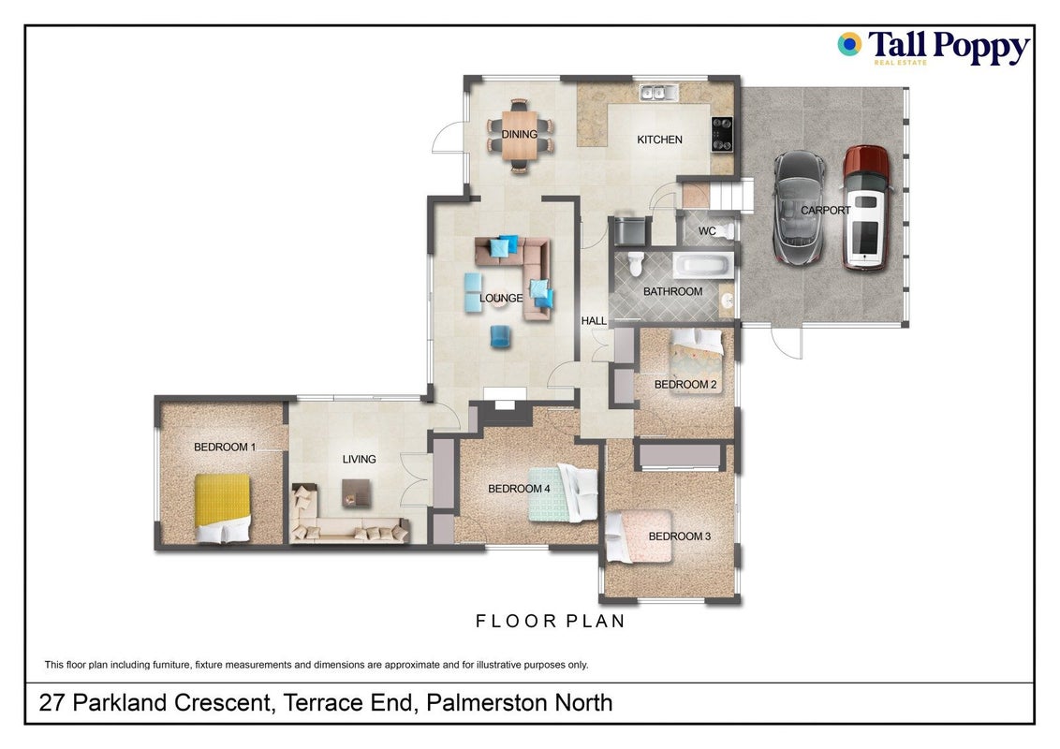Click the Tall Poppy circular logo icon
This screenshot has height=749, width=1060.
pos(849,45)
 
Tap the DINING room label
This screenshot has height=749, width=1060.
pos(519,135)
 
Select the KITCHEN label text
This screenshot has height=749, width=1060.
pos(659,140)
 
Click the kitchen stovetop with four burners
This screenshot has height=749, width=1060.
pos(722,135)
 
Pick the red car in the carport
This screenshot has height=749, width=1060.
pos(866,208)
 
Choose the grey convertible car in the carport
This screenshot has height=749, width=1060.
pos(800,207)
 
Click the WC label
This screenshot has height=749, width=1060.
pos(707,231)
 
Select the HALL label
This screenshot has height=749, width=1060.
pos(594,321)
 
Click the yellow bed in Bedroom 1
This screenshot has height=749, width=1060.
pos(223,507)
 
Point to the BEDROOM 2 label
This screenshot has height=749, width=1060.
pos(685,385)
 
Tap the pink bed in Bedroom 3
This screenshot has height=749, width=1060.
pos(639,536)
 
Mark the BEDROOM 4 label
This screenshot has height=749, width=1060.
pos(519,489)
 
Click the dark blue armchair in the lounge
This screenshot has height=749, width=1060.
pos(500,337)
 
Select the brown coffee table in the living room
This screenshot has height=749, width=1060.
pos(356,492)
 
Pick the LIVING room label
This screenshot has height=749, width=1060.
pos(359,459)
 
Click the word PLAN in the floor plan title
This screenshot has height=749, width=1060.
pos(595,622)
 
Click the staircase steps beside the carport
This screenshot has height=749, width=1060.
pos(731,196)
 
